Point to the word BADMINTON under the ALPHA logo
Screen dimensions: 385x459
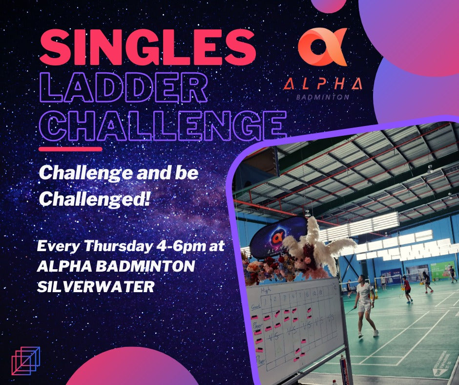pyautogui.click(x=323, y=97)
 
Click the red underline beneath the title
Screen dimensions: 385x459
pyautogui.click(x=70, y=149)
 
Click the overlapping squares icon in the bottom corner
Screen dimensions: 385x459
pyautogui.click(x=25, y=361)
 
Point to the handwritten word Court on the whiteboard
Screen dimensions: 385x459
pyautogui.click(x=255, y=306)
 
